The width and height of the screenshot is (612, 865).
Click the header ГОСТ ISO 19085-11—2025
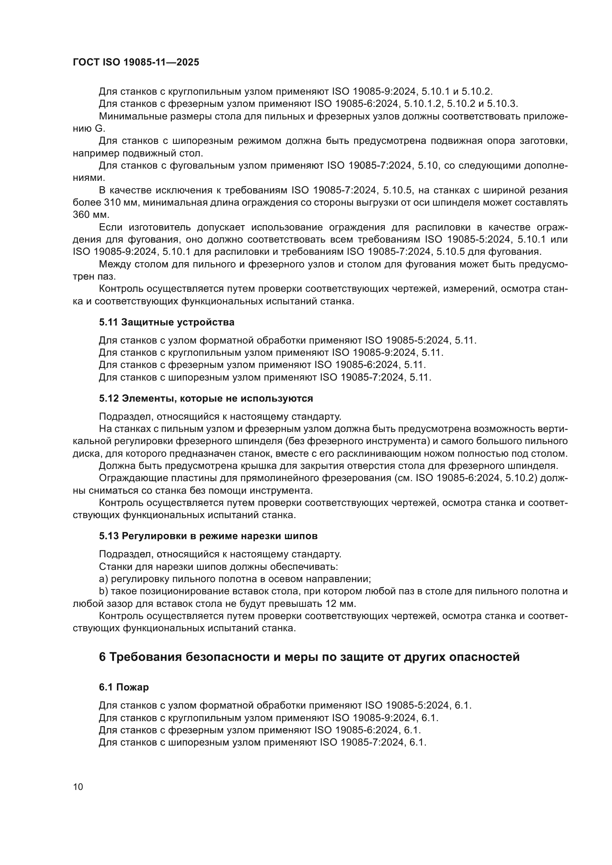pos(136,62)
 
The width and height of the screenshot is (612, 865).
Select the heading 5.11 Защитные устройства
pos(167,322)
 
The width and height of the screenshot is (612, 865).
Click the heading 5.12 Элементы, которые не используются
pos(206,398)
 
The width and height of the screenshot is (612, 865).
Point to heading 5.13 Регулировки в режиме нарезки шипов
pos(208,536)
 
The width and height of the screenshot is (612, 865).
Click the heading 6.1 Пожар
pos(124,687)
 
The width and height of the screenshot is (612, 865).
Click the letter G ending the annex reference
pos(99,128)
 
